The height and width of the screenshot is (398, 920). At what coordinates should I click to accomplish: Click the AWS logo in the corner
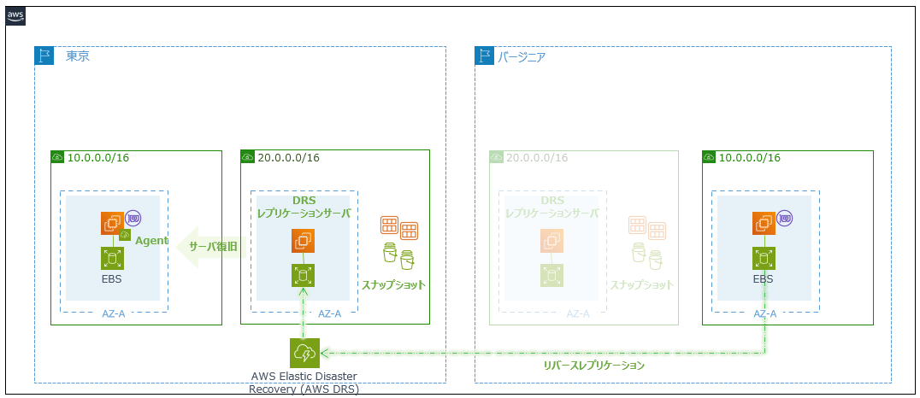pyautogui.click(x=15, y=16)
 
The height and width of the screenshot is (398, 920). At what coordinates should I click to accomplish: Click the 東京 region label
pyautogui.click(x=78, y=56)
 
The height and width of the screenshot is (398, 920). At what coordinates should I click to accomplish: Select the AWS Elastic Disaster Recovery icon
pyautogui.click(x=304, y=353)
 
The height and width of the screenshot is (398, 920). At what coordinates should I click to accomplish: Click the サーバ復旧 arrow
pyautogui.click(x=208, y=247)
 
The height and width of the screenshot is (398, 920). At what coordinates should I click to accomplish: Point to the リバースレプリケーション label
pyautogui.click(x=593, y=365)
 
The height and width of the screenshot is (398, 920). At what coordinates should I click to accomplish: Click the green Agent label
pyautogui.click(x=151, y=241)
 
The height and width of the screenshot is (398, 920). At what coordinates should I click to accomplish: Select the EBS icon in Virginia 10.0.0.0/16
pyautogui.click(x=764, y=258)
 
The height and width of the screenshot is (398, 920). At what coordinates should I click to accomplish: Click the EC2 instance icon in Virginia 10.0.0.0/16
pyautogui.click(x=764, y=224)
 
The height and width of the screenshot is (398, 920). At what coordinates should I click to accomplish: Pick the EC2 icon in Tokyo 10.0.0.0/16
pyautogui.click(x=112, y=224)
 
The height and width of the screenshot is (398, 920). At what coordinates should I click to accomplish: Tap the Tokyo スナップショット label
pyautogui.click(x=393, y=284)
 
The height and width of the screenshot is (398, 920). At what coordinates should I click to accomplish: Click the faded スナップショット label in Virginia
pyautogui.click(x=640, y=284)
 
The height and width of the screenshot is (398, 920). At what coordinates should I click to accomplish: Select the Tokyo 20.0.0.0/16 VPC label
pyautogui.click(x=288, y=158)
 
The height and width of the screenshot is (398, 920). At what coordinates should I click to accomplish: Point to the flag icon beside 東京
pyautogui.click(x=44, y=56)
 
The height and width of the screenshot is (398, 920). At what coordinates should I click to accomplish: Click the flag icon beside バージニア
pyautogui.click(x=485, y=56)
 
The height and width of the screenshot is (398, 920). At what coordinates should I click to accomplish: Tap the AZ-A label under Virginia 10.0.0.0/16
pyautogui.click(x=764, y=313)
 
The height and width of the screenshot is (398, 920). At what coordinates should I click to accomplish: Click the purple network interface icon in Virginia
pyautogui.click(x=784, y=219)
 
